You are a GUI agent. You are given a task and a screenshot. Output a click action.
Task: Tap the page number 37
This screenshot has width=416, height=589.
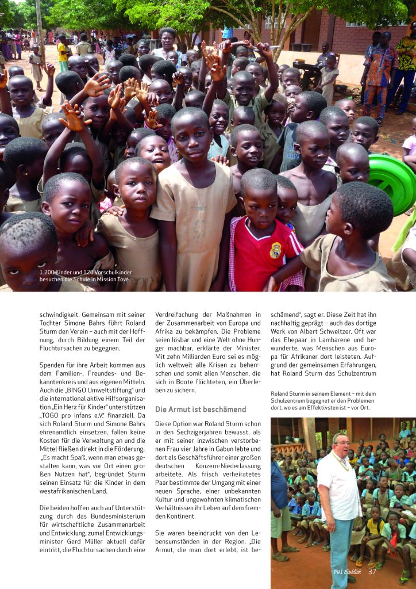(372, 571)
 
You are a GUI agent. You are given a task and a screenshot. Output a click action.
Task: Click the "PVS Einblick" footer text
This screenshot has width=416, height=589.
(347, 572)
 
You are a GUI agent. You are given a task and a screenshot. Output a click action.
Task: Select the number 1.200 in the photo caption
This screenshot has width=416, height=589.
(48, 272)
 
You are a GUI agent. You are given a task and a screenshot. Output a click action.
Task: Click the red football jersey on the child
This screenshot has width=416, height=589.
(262, 253)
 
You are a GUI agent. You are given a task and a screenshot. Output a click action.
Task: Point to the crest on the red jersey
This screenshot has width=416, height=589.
(276, 250)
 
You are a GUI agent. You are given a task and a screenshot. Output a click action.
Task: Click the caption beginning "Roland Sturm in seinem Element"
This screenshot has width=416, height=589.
(322, 400)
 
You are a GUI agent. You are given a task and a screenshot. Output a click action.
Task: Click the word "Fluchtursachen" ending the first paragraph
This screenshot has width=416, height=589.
(63, 347)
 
